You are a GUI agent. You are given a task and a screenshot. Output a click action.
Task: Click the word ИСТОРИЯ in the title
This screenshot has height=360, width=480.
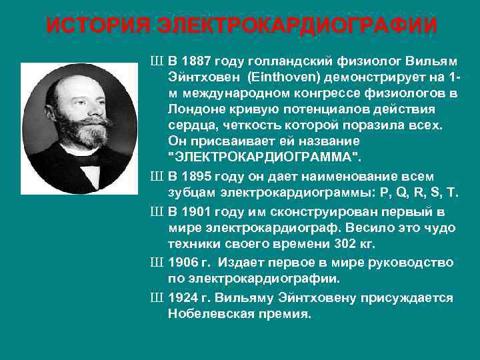[90, 27]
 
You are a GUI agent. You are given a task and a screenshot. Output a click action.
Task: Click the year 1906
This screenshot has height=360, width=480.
[185, 263]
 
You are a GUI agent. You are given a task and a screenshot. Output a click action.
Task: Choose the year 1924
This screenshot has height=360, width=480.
[185, 297]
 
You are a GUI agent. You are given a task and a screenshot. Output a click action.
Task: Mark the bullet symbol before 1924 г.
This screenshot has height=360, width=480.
[157, 297]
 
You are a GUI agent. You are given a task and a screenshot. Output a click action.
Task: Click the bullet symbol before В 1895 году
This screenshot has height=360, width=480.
[157, 176]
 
